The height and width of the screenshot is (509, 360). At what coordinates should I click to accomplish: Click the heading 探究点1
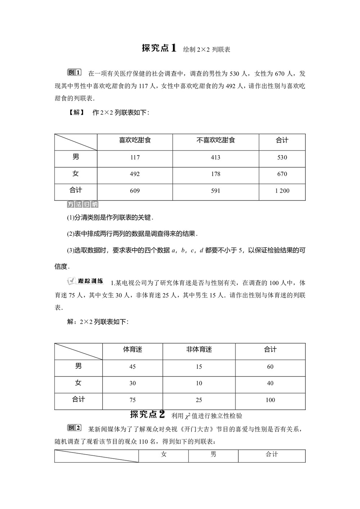[x=159, y=48]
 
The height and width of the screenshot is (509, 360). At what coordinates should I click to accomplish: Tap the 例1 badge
[x=75, y=73]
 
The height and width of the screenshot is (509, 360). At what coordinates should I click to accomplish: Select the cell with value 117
[x=135, y=157]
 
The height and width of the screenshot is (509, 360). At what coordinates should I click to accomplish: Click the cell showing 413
[x=215, y=157]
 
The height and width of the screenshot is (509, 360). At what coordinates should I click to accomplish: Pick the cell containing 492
[x=135, y=174]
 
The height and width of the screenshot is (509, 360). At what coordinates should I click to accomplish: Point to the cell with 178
[x=215, y=174]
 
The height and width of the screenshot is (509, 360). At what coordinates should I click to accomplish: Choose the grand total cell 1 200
[x=282, y=191]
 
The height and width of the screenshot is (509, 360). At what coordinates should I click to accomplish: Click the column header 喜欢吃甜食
[x=135, y=140]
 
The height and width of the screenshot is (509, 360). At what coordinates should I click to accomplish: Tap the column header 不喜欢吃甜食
[x=215, y=140]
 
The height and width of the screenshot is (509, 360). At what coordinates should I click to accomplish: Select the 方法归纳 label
[x=83, y=205]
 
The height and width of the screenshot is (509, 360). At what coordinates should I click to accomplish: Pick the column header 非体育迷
[x=199, y=350]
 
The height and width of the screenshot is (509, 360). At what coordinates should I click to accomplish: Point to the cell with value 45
[x=132, y=367]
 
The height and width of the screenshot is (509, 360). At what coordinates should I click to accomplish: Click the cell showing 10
[x=199, y=383]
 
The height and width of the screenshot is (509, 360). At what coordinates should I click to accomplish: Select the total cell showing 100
[x=270, y=400]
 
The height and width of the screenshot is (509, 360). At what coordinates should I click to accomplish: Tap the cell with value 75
[x=132, y=400]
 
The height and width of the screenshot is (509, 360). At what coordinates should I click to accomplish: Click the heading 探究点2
[x=147, y=415]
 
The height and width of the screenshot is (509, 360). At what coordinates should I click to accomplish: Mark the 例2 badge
[x=75, y=428]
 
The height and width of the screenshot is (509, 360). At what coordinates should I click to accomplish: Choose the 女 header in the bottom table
[x=164, y=455]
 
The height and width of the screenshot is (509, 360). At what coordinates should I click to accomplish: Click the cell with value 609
[x=135, y=191]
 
